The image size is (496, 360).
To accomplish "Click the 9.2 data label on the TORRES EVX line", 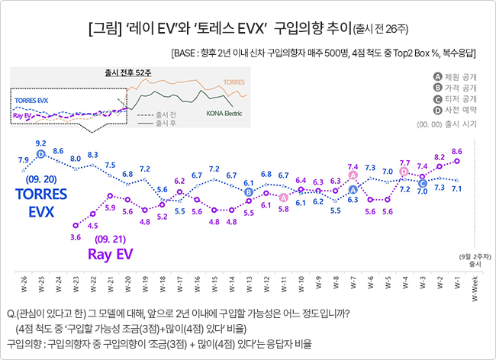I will [41, 143].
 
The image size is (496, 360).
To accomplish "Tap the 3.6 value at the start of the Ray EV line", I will [76, 237].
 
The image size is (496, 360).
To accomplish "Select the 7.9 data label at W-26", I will [24, 159].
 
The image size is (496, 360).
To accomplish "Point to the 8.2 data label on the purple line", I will [440, 156].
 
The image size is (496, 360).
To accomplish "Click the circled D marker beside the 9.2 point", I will [41, 154].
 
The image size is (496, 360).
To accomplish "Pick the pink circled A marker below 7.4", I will [353, 175].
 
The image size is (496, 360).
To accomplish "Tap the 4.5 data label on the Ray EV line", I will [93, 225].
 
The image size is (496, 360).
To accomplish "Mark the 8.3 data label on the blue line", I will [93, 154].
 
